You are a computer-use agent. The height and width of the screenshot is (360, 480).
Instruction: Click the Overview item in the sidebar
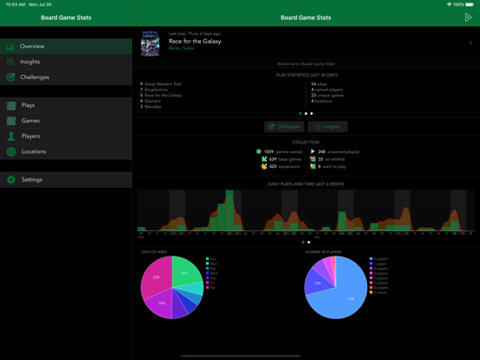click(x=32, y=46)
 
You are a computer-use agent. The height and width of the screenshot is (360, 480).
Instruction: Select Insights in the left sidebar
click(x=30, y=62)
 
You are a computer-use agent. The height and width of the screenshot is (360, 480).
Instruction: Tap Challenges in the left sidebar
click(x=35, y=77)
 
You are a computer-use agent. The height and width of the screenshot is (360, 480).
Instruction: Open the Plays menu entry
click(x=28, y=105)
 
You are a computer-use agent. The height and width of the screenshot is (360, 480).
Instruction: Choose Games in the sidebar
click(x=30, y=121)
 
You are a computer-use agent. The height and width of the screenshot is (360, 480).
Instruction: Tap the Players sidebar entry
click(x=31, y=137)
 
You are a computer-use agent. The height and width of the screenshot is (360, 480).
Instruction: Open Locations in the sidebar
click(x=34, y=151)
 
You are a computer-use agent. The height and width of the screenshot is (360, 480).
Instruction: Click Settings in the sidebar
click(x=31, y=180)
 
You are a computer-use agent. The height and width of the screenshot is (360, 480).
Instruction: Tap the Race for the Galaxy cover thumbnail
click(x=150, y=43)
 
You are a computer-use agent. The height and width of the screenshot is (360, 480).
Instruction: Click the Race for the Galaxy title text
click(x=195, y=41)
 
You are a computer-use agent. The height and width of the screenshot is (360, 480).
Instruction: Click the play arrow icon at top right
click(x=468, y=17)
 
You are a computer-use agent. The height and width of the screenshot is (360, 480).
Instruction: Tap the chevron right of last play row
click(x=470, y=43)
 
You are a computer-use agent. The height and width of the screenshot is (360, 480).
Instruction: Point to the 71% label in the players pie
click(x=350, y=298)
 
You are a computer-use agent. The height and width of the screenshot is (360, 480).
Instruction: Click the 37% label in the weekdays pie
click(x=157, y=277)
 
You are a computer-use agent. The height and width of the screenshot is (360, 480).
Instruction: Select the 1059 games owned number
click(x=269, y=151)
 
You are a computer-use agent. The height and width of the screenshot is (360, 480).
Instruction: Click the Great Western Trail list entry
click(x=163, y=84)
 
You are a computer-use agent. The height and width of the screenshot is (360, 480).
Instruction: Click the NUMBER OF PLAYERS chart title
click(x=323, y=252)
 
